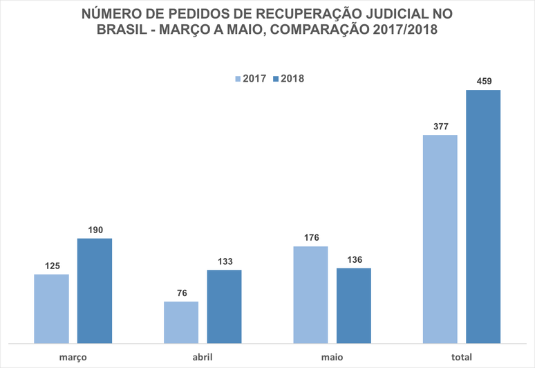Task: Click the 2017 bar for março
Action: [x=51, y=309]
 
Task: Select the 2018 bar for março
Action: [x=94, y=291]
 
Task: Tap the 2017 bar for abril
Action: [x=181, y=322]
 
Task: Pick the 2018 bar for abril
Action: [x=224, y=306]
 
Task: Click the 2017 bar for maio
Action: [x=310, y=295]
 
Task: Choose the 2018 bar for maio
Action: [x=354, y=306]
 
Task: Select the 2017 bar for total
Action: [x=440, y=239]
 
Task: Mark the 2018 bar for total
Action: [x=483, y=216]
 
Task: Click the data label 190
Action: [x=94, y=230]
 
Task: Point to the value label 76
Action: [x=181, y=293]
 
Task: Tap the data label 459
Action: [x=483, y=81]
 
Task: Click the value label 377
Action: [x=440, y=126]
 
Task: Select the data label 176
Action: [x=310, y=237]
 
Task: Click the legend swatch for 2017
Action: [x=238, y=79]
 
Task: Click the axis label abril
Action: [x=203, y=357]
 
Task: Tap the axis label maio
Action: [x=332, y=357]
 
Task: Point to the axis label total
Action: [x=462, y=357]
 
